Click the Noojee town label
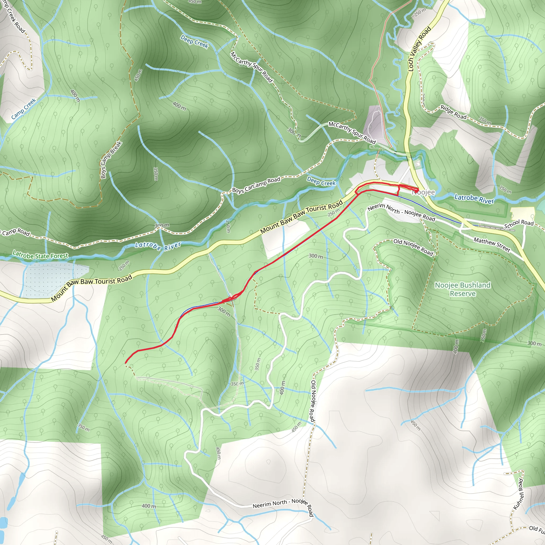point(424,192)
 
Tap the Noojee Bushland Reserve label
point(463,289)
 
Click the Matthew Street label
point(492,245)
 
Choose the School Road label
point(519,224)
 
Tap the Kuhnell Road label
point(518,494)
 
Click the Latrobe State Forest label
point(40,255)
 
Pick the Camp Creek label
point(24,109)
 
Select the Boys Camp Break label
point(111,160)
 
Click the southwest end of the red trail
point(126,362)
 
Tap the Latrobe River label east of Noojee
point(474,199)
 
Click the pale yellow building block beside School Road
point(522,213)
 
